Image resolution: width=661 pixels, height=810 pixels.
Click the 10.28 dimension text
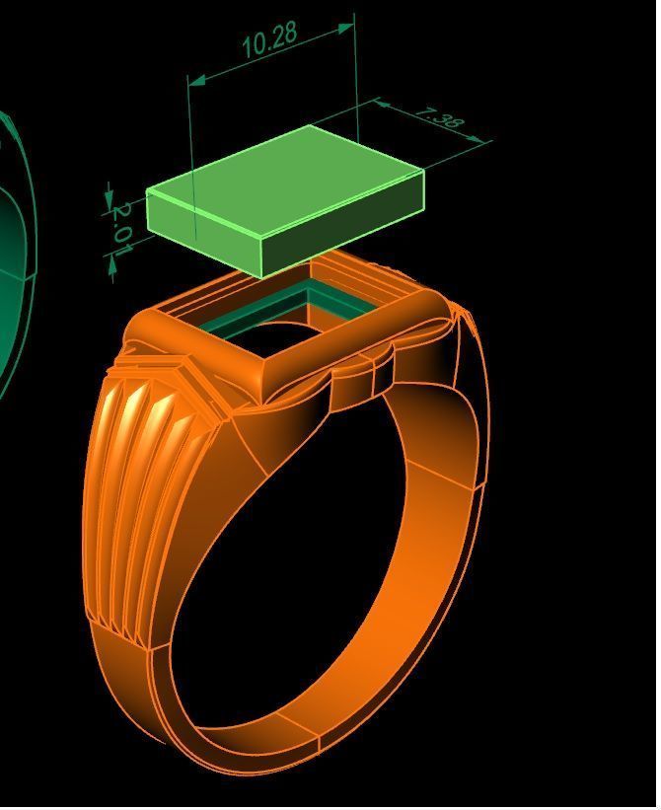click(x=268, y=39)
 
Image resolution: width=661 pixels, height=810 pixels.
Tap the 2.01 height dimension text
click(x=121, y=227)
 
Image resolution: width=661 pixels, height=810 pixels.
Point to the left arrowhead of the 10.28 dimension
click(x=195, y=80)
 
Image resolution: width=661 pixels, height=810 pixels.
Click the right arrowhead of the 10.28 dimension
click(x=346, y=28)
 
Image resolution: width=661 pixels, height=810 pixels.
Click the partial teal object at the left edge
click(x=14, y=247)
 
